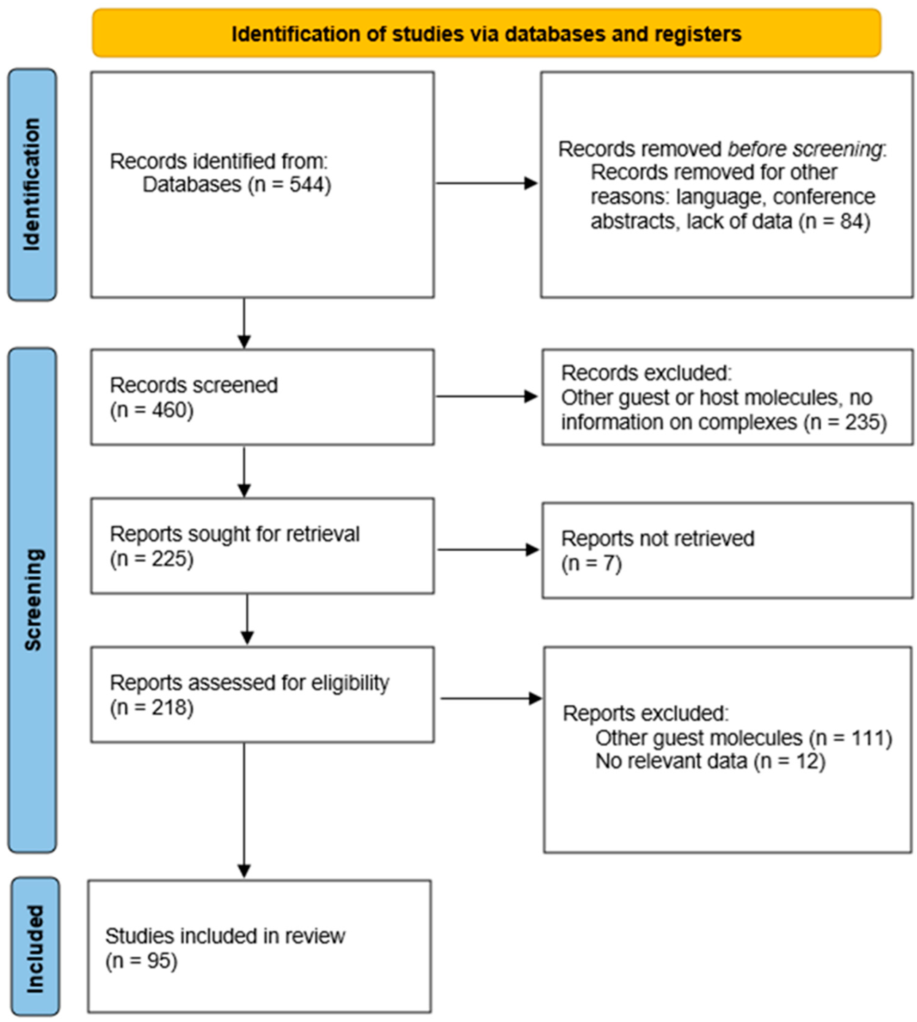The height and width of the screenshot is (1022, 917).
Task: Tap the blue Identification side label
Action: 32,185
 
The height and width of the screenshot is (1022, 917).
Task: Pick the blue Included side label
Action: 35,949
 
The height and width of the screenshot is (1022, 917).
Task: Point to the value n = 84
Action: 834,221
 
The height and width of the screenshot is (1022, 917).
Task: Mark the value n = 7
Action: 591,563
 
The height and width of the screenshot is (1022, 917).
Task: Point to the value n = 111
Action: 850,738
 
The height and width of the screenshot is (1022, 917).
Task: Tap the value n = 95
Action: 141,961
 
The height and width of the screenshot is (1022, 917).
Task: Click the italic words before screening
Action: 805,149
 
